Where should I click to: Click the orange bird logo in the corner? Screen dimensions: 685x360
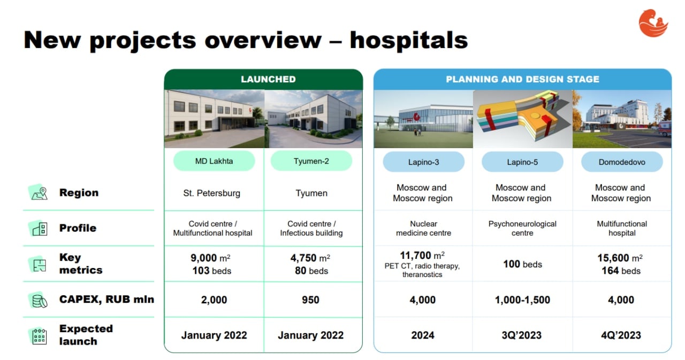click(653, 23)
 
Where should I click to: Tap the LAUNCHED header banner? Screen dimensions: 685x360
click(263, 80)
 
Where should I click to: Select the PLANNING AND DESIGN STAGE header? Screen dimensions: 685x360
click(522, 80)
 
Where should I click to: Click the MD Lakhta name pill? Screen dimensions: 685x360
click(214, 161)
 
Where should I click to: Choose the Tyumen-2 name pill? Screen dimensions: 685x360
click(311, 161)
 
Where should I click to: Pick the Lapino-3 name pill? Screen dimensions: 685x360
click(423, 162)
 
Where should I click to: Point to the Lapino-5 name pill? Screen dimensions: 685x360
click(522, 162)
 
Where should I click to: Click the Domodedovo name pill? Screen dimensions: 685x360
click(622, 162)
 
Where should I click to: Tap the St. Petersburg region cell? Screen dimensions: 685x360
click(211, 193)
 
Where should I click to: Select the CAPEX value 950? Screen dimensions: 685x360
click(310, 300)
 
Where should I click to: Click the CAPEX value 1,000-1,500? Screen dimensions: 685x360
click(522, 300)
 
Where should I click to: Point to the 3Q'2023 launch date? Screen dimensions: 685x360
click(522, 335)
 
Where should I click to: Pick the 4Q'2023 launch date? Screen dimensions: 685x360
click(621, 335)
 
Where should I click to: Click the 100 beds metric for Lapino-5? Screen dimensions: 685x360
click(523, 264)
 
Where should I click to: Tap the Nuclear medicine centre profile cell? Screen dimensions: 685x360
click(423, 228)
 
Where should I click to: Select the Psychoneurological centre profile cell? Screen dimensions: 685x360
click(522, 228)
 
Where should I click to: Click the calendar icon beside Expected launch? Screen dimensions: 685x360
click(39, 336)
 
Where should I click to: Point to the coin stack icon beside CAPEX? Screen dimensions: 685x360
click(39, 301)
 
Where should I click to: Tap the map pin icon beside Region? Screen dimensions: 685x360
click(39, 193)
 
